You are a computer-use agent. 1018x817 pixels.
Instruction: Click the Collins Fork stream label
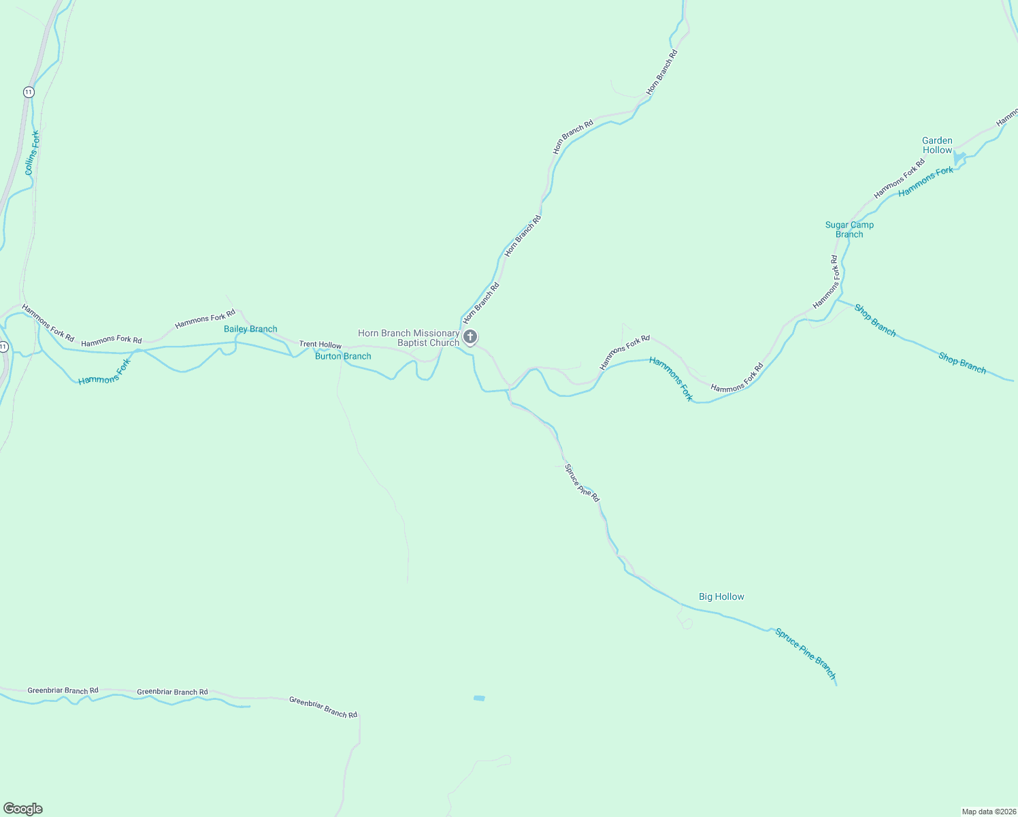32,153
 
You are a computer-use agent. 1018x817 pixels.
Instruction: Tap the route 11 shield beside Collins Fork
28,92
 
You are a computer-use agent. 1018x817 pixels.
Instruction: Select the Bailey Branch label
250,329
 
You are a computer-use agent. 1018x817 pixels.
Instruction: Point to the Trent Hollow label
321,345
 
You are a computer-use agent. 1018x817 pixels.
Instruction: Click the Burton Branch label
343,356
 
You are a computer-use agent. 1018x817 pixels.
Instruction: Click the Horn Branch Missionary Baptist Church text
409,338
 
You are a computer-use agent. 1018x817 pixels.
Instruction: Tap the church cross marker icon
470,336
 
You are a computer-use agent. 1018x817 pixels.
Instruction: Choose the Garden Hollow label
937,145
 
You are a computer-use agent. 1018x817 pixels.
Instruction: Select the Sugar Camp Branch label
849,229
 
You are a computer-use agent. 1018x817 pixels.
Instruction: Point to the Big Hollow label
721,596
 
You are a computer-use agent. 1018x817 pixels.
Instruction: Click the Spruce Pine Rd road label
582,483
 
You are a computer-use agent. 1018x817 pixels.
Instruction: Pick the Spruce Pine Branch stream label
805,653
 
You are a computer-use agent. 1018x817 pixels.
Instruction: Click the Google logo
23,809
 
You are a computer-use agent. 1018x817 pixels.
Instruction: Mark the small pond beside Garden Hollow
959,159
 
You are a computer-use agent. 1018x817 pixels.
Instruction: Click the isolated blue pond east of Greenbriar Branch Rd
479,698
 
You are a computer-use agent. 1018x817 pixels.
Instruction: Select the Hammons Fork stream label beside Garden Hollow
925,182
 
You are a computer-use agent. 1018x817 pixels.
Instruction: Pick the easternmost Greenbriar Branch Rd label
323,707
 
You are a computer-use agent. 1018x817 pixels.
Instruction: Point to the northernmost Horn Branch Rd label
662,72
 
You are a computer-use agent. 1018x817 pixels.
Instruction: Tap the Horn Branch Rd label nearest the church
481,303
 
